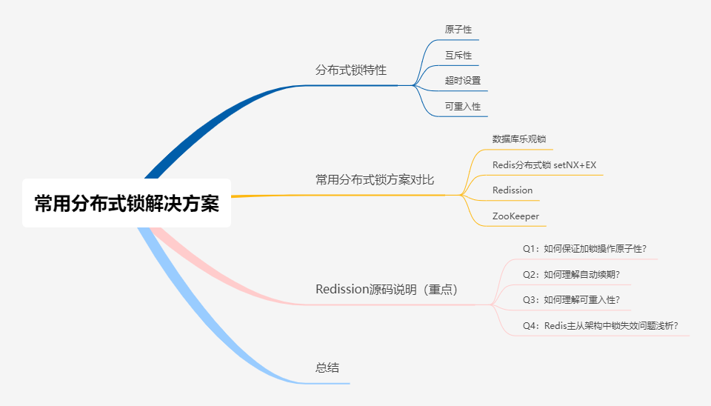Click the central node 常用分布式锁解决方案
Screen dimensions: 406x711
[127, 203]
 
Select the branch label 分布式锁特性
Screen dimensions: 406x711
[350, 70]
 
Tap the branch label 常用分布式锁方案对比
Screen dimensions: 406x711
[375, 179]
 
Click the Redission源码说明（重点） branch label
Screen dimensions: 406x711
[387, 289]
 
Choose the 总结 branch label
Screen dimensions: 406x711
[327, 367]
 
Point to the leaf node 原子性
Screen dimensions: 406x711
[458, 30]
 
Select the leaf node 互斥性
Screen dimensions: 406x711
[458, 56]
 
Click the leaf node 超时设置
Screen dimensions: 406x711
[462, 80]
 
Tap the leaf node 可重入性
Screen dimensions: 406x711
[462, 106]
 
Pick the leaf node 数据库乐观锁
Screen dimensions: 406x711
[519, 139]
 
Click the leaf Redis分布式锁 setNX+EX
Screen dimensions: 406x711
[544, 164]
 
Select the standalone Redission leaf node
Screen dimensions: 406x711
[513, 190]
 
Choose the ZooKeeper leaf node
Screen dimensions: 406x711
[515, 216]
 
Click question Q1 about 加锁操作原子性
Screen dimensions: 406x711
[590, 249]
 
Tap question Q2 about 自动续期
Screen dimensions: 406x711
[571, 274]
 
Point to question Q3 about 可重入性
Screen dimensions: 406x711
[571, 299]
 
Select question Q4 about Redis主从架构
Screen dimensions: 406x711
[601, 325]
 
